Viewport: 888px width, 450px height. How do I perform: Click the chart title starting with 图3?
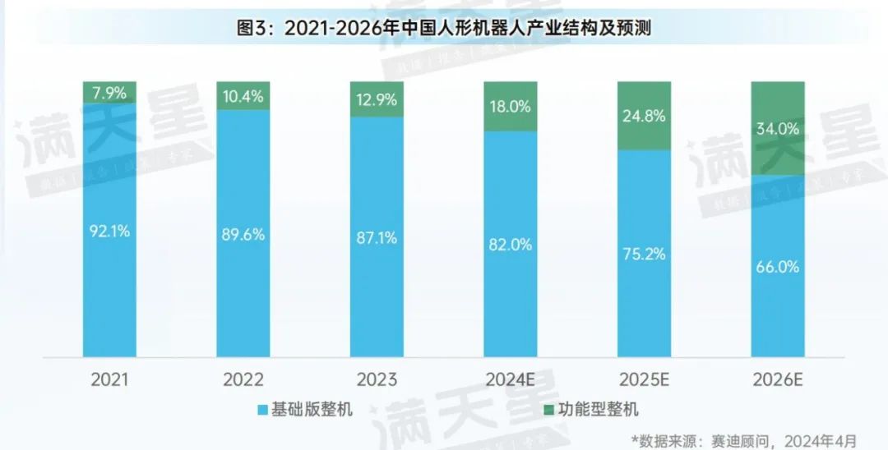pos(444,28)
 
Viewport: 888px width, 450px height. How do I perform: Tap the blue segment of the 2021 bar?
pos(109,287)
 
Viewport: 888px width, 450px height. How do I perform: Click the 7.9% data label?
pos(109,93)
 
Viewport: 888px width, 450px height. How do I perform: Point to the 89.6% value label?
pos(243,234)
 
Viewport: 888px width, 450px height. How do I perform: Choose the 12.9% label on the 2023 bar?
pos(377,100)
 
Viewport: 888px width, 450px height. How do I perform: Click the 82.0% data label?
pos(510,244)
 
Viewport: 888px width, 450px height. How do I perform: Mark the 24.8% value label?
pos(644,116)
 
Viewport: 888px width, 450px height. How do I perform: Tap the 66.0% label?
pos(778,267)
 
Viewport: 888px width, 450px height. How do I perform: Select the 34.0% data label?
pos(778,129)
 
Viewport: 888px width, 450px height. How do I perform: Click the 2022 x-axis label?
pos(243,380)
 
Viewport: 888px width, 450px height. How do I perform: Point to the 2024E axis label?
pos(510,380)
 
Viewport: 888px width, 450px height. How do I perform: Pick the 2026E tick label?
pos(778,380)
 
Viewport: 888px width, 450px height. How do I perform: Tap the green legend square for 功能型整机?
pos(548,409)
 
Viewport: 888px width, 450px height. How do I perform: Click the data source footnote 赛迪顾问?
pos(745,439)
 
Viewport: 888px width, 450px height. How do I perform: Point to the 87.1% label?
pos(377,238)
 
